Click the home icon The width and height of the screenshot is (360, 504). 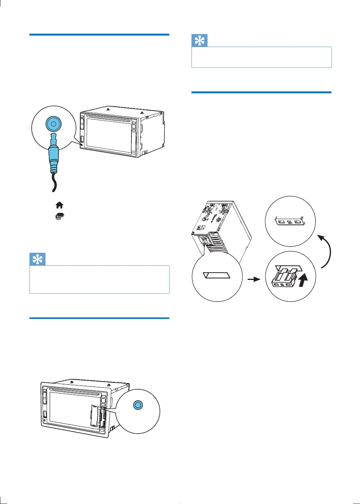point(59,205)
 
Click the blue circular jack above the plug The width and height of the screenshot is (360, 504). point(53,124)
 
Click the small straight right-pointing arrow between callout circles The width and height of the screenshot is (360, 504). point(254,280)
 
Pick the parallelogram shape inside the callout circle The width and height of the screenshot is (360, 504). point(217,275)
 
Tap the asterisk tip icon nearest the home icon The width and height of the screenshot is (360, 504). point(38,260)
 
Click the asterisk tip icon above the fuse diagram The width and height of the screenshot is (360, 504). point(199,41)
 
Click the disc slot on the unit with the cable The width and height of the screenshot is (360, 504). point(109,116)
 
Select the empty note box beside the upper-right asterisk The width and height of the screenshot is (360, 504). point(261,57)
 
